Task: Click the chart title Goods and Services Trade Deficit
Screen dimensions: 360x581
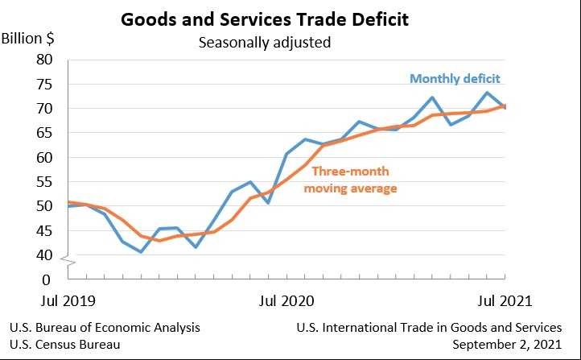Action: coord(264,19)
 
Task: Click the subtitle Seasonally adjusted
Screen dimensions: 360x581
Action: coord(265,42)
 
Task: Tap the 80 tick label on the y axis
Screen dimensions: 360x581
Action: coord(44,60)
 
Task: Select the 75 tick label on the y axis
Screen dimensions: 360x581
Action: coord(44,84)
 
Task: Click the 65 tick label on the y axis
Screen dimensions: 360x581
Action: coord(44,133)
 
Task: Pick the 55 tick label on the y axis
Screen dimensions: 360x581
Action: coord(44,182)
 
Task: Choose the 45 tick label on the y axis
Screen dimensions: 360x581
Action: coord(44,231)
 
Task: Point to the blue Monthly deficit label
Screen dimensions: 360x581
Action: coord(455,79)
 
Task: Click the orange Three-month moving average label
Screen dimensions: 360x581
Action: coord(354,180)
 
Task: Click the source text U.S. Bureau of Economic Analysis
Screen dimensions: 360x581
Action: coord(105,328)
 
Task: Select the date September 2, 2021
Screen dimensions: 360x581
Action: coord(507,345)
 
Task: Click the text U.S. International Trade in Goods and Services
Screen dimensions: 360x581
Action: coord(429,328)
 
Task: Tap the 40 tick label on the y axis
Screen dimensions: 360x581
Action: coord(44,255)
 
